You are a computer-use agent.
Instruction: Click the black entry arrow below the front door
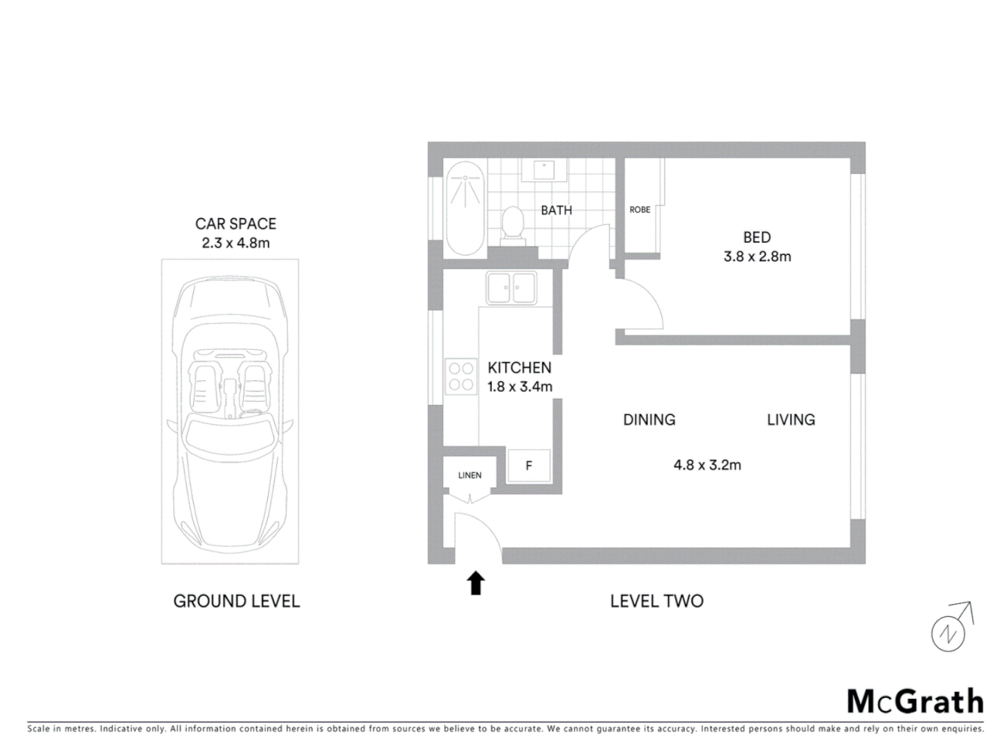click(x=476, y=583)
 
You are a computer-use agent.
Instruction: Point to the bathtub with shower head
click(x=465, y=208)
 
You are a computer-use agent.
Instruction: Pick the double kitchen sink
click(x=511, y=287)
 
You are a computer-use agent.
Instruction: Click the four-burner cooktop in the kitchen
click(x=460, y=376)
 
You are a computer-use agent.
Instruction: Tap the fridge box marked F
click(x=529, y=465)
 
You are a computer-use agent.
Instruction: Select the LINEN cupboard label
click(x=469, y=475)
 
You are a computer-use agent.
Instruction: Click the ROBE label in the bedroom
click(x=640, y=210)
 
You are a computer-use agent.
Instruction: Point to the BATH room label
click(x=557, y=210)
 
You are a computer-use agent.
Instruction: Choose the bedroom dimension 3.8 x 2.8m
click(x=757, y=256)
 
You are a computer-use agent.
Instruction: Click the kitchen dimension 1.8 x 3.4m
click(x=519, y=386)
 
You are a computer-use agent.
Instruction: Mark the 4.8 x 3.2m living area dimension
click(x=707, y=465)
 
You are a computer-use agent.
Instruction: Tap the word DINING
click(x=649, y=420)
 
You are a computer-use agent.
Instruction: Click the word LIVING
click(x=791, y=420)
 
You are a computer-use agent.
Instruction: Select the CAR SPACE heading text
click(x=235, y=224)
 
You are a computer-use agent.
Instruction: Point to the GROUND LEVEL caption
click(x=236, y=601)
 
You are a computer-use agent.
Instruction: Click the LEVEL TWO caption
click(x=656, y=601)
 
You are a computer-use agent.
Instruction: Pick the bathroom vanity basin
click(x=544, y=169)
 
